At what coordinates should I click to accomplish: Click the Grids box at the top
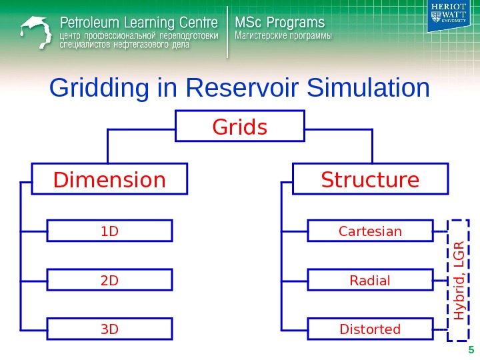click(239, 127)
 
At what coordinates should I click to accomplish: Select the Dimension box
click(110, 180)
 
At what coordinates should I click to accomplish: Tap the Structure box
click(371, 180)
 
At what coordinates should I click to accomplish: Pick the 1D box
click(109, 231)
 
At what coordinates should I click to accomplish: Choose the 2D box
click(109, 280)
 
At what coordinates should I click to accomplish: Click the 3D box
click(109, 329)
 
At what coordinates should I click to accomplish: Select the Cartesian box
click(371, 231)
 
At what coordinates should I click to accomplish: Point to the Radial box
click(371, 280)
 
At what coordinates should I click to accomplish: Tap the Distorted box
click(371, 329)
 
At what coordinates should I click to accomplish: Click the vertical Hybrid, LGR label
click(459, 275)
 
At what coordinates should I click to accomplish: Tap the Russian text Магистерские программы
click(284, 36)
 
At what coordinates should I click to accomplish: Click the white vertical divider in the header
click(228, 31)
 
